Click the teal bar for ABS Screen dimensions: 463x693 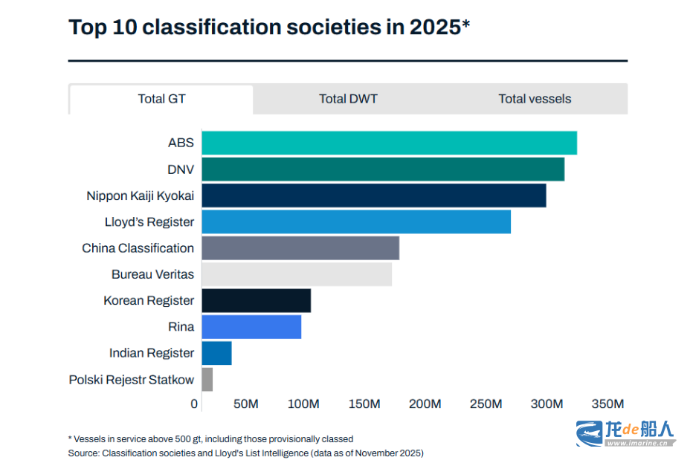click(x=389, y=143)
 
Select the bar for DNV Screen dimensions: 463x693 click(x=383, y=169)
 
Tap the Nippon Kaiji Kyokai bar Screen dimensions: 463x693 click(x=374, y=195)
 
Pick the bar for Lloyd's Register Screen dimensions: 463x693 click(x=356, y=221)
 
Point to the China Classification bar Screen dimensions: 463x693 click(x=300, y=248)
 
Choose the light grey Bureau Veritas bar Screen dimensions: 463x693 click(x=297, y=274)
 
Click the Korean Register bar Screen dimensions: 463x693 click(x=257, y=300)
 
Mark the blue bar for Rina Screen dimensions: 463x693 click(x=251, y=327)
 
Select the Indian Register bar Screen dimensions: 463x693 click(x=216, y=353)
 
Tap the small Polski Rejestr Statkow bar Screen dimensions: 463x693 click(x=207, y=379)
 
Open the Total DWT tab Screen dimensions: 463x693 click(x=348, y=99)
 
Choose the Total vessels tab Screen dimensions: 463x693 click(x=535, y=99)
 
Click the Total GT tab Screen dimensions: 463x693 click(x=161, y=99)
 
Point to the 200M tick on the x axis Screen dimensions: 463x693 click(x=425, y=404)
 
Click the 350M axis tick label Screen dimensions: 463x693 click(x=607, y=404)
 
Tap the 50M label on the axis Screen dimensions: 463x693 click(x=245, y=404)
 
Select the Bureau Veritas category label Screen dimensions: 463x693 click(x=152, y=274)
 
